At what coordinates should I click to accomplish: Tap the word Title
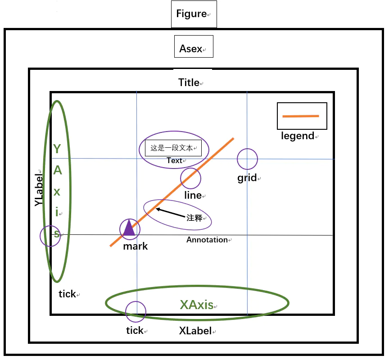point(189,82)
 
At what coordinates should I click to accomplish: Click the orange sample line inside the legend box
point(300,116)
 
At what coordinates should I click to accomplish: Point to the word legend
point(297,135)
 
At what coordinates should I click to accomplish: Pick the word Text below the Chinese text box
point(174,160)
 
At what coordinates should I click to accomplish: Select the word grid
point(247,178)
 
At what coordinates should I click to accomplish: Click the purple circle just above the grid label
point(247,159)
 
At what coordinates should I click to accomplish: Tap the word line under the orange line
point(193,195)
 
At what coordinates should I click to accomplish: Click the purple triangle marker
point(129,228)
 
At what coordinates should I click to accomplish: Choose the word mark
point(135,246)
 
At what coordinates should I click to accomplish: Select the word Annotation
point(207,240)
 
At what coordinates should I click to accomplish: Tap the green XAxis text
point(196,305)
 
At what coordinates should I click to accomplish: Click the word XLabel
point(195,331)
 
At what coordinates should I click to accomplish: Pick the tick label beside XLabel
point(135,330)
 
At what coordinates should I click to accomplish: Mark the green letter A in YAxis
point(58,170)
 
